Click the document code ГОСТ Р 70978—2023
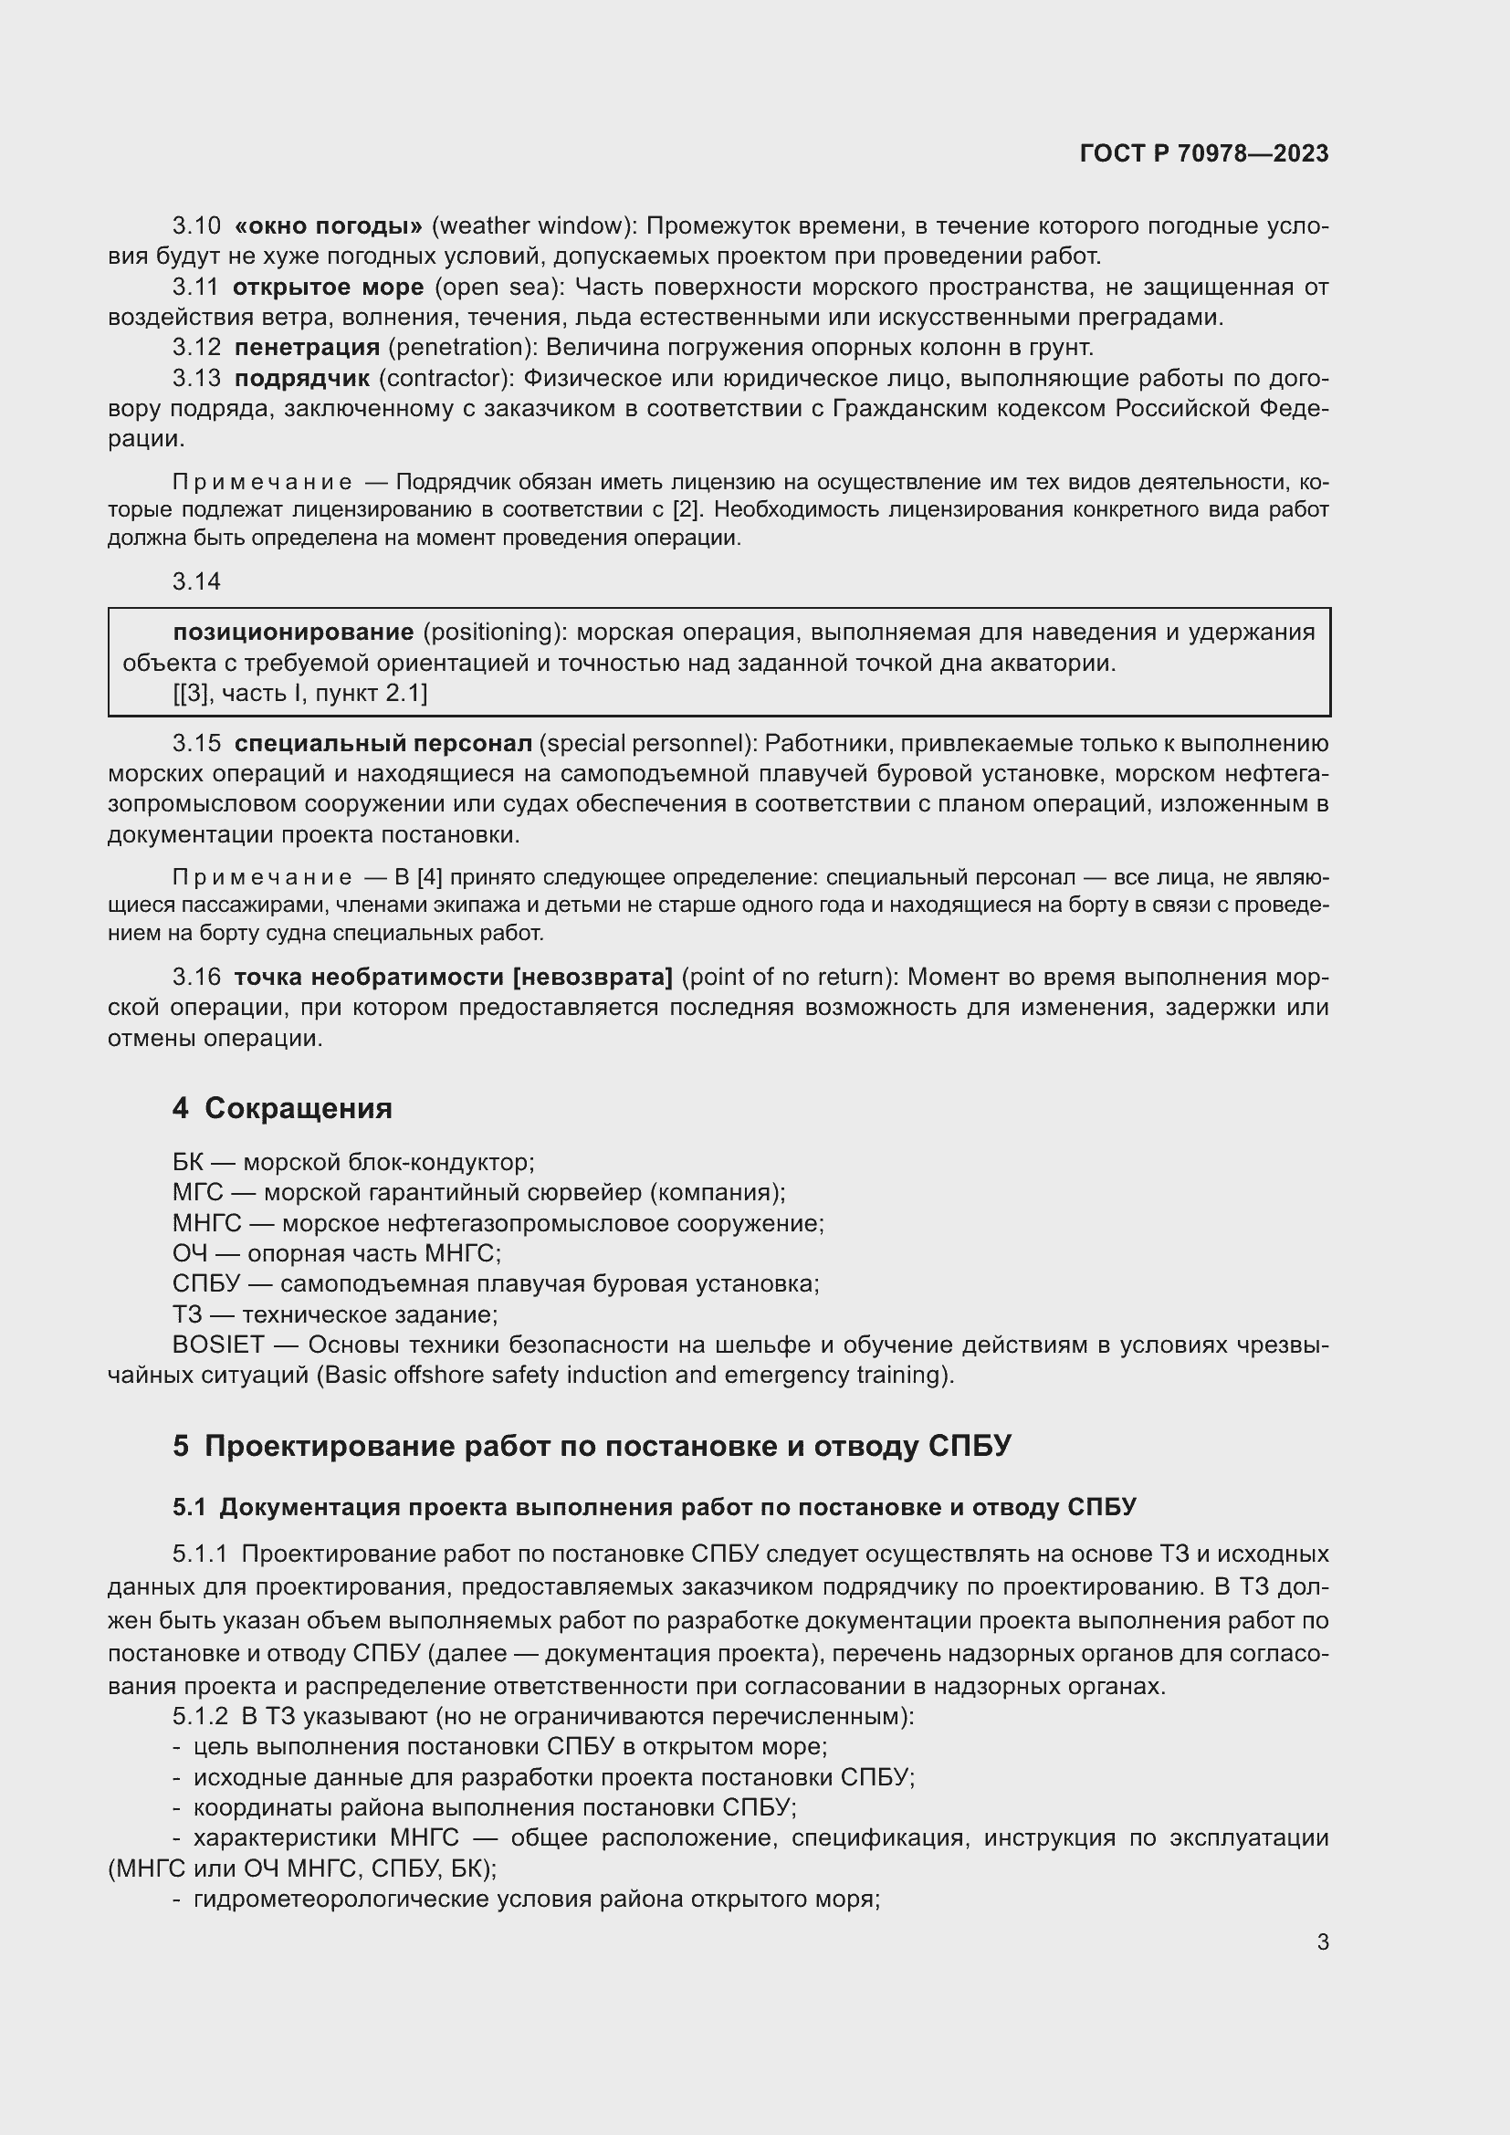[1204, 153]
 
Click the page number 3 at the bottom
[1322, 1941]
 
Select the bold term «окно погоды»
[329, 226]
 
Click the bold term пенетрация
[307, 348]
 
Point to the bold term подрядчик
[301, 379]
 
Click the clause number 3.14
[196, 581]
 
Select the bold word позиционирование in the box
[293, 633]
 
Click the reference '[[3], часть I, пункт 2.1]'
[300, 693]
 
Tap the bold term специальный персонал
[383, 744]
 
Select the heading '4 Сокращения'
[282, 1108]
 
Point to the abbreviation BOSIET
[218, 1345]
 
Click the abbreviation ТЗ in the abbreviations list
[187, 1314]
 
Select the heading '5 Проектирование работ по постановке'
[592, 1446]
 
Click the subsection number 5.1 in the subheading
[190, 1507]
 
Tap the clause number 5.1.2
[200, 1716]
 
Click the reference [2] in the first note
[686, 509]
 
